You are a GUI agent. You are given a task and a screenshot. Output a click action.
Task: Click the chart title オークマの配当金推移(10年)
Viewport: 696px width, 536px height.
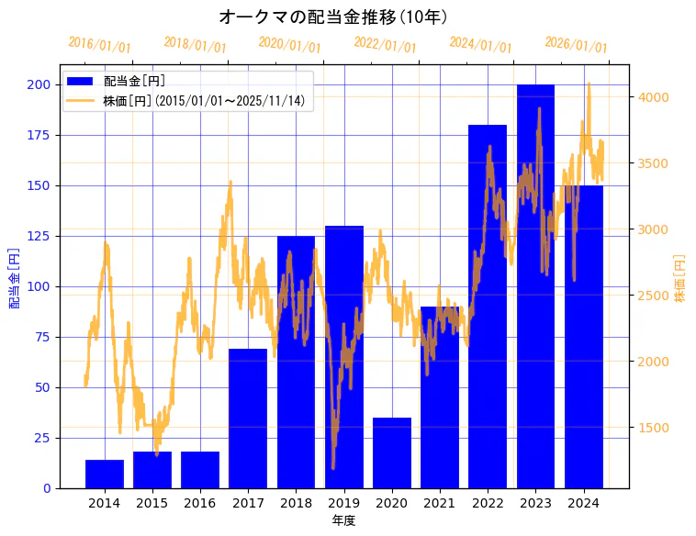click(x=333, y=17)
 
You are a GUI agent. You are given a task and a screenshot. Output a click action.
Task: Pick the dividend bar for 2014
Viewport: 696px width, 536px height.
click(x=105, y=474)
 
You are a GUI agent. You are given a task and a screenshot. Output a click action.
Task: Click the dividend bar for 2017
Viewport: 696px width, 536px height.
click(x=248, y=418)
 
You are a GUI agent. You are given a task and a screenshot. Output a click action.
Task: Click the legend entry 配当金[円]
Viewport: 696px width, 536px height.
click(x=134, y=82)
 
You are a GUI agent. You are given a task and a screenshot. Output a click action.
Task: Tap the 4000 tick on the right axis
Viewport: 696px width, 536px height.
click(x=654, y=97)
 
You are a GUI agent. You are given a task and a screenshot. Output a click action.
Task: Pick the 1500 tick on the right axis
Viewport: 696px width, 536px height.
click(x=654, y=428)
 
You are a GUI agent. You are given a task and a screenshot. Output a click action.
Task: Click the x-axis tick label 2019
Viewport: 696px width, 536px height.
click(x=343, y=503)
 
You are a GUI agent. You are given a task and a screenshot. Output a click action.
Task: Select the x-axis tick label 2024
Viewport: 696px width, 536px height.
click(x=583, y=503)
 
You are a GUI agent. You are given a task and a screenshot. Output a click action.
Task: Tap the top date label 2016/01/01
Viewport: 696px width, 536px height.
click(x=100, y=45)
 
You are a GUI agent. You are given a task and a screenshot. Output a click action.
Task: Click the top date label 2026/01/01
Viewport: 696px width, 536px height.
click(x=576, y=45)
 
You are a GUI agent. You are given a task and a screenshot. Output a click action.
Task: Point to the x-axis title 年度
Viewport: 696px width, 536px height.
click(x=343, y=520)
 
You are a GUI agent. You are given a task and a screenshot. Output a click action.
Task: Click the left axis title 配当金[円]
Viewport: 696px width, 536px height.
click(x=15, y=277)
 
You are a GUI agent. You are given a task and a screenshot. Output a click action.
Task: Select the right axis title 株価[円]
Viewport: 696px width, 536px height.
click(x=680, y=279)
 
